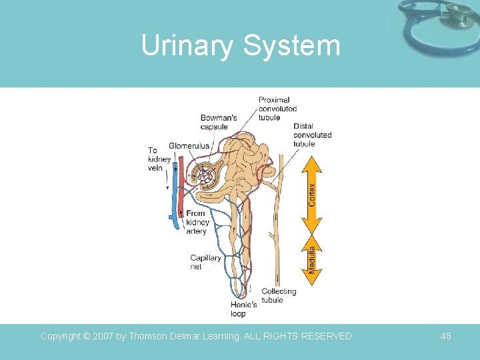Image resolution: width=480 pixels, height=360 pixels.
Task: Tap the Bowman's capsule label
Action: tap(219, 123)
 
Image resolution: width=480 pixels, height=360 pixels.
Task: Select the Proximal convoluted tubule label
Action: tap(277, 109)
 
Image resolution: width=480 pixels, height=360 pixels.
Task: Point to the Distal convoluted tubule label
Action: tap(312, 135)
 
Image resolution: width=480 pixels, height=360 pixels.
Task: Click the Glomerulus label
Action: tap(189, 146)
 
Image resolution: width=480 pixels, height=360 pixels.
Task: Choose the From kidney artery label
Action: tap(198, 223)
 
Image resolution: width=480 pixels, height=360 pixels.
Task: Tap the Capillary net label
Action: tap(205, 262)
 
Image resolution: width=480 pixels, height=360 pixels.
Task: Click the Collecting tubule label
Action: tap(279, 295)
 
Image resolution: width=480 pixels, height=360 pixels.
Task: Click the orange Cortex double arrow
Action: tap(311, 190)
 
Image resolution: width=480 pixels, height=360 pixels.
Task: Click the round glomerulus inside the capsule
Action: tap(204, 177)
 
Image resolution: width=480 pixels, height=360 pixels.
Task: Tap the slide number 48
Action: tap(445, 337)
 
